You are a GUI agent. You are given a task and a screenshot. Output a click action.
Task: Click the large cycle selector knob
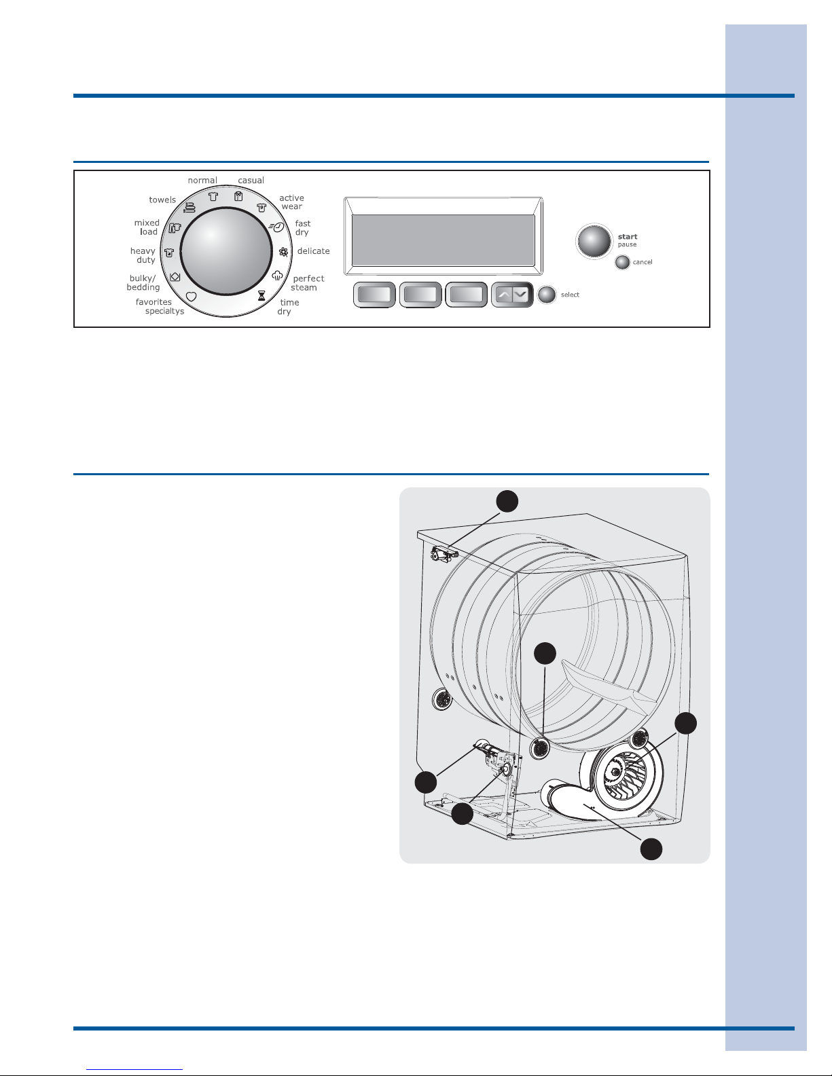tap(226, 252)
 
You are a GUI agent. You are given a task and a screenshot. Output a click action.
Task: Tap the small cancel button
tap(622, 262)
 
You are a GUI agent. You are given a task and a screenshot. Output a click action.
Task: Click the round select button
tap(547, 295)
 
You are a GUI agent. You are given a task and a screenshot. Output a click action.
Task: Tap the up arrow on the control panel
tap(504, 295)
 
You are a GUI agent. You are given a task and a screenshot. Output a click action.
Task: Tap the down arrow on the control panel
tap(520, 295)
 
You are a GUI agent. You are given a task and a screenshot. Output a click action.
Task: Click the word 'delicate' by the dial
tap(314, 251)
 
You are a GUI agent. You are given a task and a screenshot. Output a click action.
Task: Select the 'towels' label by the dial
tap(162, 200)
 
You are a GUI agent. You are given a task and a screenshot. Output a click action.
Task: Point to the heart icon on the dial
tap(191, 297)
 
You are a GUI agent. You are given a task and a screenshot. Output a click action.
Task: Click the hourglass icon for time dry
tap(261, 295)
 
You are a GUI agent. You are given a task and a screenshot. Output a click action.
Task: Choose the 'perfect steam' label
tap(307, 282)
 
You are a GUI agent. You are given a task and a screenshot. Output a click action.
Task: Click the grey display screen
tap(443, 240)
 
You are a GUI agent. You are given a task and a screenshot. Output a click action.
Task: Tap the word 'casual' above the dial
tap(251, 181)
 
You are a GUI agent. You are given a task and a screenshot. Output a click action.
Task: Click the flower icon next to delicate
tap(284, 252)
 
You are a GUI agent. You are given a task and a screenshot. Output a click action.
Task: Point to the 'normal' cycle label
tap(202, 181)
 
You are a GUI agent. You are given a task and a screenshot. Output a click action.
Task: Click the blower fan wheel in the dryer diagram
tap(626, 777)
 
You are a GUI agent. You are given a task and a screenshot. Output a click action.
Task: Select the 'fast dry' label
tap(303, 228)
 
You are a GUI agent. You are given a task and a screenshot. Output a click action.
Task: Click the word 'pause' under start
tap(627, 244)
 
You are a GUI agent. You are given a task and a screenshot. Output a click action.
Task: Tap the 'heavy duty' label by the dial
tap(143, 255)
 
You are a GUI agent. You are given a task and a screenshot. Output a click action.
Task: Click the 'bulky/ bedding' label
tap(143, 282)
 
